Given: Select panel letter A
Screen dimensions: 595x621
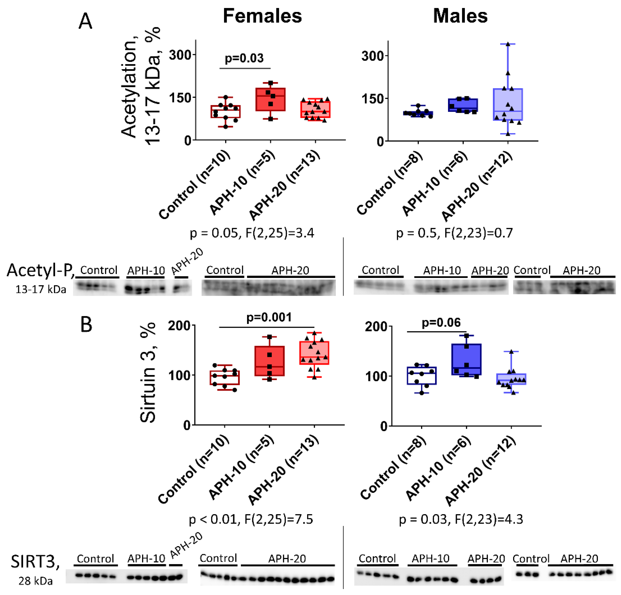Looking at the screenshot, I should pyautogui.click(x=85, y=22).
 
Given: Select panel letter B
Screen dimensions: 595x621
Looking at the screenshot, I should pyautogui.click(x=86, y=325).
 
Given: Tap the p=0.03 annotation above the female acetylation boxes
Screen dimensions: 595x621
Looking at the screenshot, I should pyautogui.click(x=244, y=58).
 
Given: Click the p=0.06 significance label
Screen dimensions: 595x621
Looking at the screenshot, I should pyautogui.click(x=441, y=323).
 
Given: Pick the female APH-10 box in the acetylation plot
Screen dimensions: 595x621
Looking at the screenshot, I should pyautogui.click(x=270, y=100).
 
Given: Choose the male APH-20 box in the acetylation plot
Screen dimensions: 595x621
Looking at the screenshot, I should pyautogui.click(x=508, y=104).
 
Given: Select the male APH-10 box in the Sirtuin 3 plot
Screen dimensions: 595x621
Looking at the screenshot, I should pyautogui.click(x=466, y=359).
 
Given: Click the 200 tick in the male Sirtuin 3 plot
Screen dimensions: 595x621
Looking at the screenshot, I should pyautogui.click(x=376, y=326).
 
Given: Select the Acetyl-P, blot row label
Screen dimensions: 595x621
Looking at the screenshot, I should pyautogui.click(x=41, y=270).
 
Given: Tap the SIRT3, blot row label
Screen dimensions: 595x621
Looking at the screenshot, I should pyautogui.click(x=35, y=561).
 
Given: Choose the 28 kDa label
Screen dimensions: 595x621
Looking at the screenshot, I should pyautogui.click(x=36, y=581).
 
